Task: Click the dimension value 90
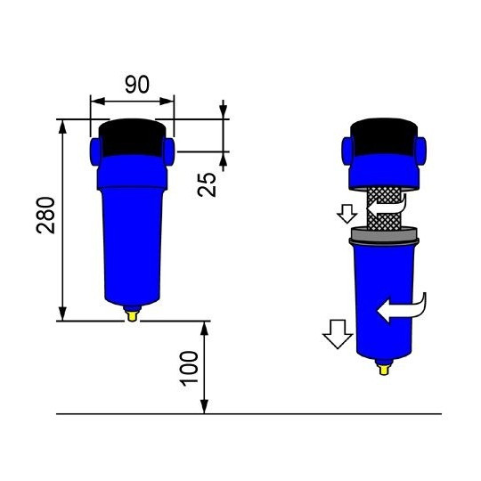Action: click(x=135, y=85)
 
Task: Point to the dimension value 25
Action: click(x=207, y=183)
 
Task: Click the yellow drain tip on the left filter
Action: click(x=133, y=313)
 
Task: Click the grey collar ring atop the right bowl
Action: click(x=384, y=235)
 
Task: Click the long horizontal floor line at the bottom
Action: click(x=249, y=414)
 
